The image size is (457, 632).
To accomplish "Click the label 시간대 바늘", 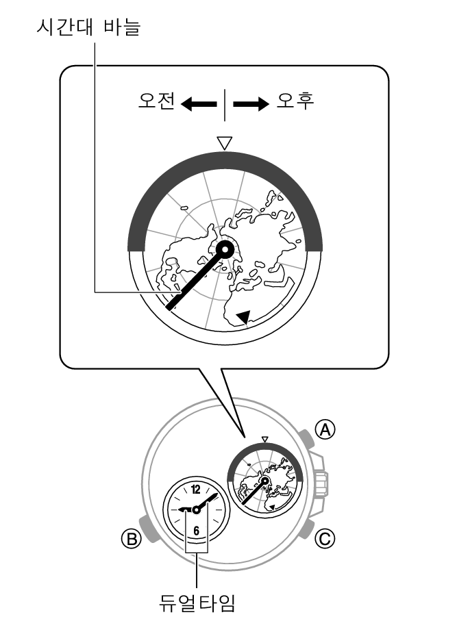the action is pos(88,27).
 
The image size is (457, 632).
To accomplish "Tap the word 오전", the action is pos(156,101).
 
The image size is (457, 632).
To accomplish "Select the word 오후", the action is pos(295,101).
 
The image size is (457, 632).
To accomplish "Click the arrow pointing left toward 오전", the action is pos(199,104).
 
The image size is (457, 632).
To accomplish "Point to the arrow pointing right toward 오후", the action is pos(251,104).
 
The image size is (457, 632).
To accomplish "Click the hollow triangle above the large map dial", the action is pos(225,143).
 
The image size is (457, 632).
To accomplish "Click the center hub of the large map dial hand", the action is pos(225,251).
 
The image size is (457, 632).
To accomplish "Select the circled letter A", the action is pos(325,430).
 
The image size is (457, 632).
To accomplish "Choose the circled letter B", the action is pos(132,538).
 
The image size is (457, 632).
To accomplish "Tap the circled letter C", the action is pos(325,538).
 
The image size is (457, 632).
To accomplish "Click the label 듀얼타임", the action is pos(197,603).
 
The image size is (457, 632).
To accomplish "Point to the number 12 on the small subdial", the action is pos(196,490).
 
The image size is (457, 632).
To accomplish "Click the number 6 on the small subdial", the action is pos(196,531).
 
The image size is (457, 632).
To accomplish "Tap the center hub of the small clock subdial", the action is pos(196,510).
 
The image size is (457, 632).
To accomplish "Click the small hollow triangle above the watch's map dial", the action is pos(264,439).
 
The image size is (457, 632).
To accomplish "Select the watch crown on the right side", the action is pos(321,481).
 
